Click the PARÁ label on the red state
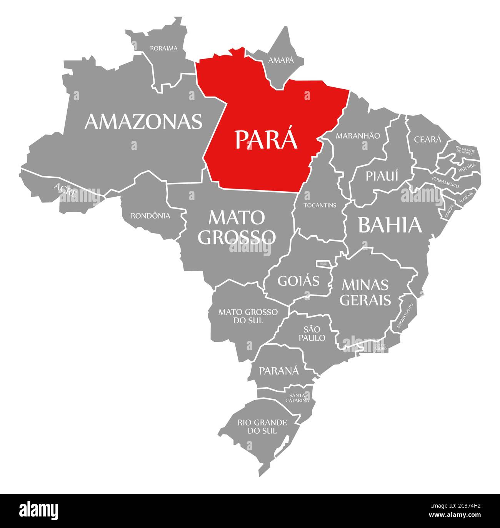coord(266,139)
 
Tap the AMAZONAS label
coord(143,121)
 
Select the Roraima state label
coord(164,48)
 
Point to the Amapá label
coord(281,60)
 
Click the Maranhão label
coord(358,135)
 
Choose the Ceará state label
coord(428,139)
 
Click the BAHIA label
coord(390,225)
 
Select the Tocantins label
coord(320,205)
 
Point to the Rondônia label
coord(150,216)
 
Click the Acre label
coord(65,190)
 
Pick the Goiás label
coord(298,281)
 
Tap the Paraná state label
coord(278,371)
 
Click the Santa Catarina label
coord(297,398)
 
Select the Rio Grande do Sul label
coord(262,426)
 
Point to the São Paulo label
coord(314,333)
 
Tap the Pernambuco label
coord(445,182)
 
